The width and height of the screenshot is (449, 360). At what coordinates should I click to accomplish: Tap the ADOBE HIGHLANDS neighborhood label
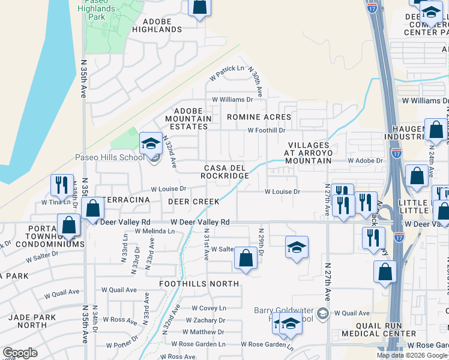[x=157, y=25]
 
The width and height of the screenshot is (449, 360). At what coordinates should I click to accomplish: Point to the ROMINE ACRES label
[x=259, y=117]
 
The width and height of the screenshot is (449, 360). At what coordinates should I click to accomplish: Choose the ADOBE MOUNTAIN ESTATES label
[x=193, y=118]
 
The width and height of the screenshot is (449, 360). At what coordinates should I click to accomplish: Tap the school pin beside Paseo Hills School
[x=151, y=144]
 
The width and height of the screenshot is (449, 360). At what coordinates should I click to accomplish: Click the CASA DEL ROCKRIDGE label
[x=226, y=172]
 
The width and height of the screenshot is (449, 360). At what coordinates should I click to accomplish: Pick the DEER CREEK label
[x=193, y=202]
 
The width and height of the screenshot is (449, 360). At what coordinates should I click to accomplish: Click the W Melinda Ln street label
[x=154, y=231]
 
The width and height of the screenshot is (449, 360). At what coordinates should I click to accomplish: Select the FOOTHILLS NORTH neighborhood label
[x=199, y=283]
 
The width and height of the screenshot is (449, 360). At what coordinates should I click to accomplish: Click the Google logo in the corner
[x=20, y=353]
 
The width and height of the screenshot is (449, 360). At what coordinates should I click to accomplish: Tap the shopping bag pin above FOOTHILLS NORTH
[x=246, y=259]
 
